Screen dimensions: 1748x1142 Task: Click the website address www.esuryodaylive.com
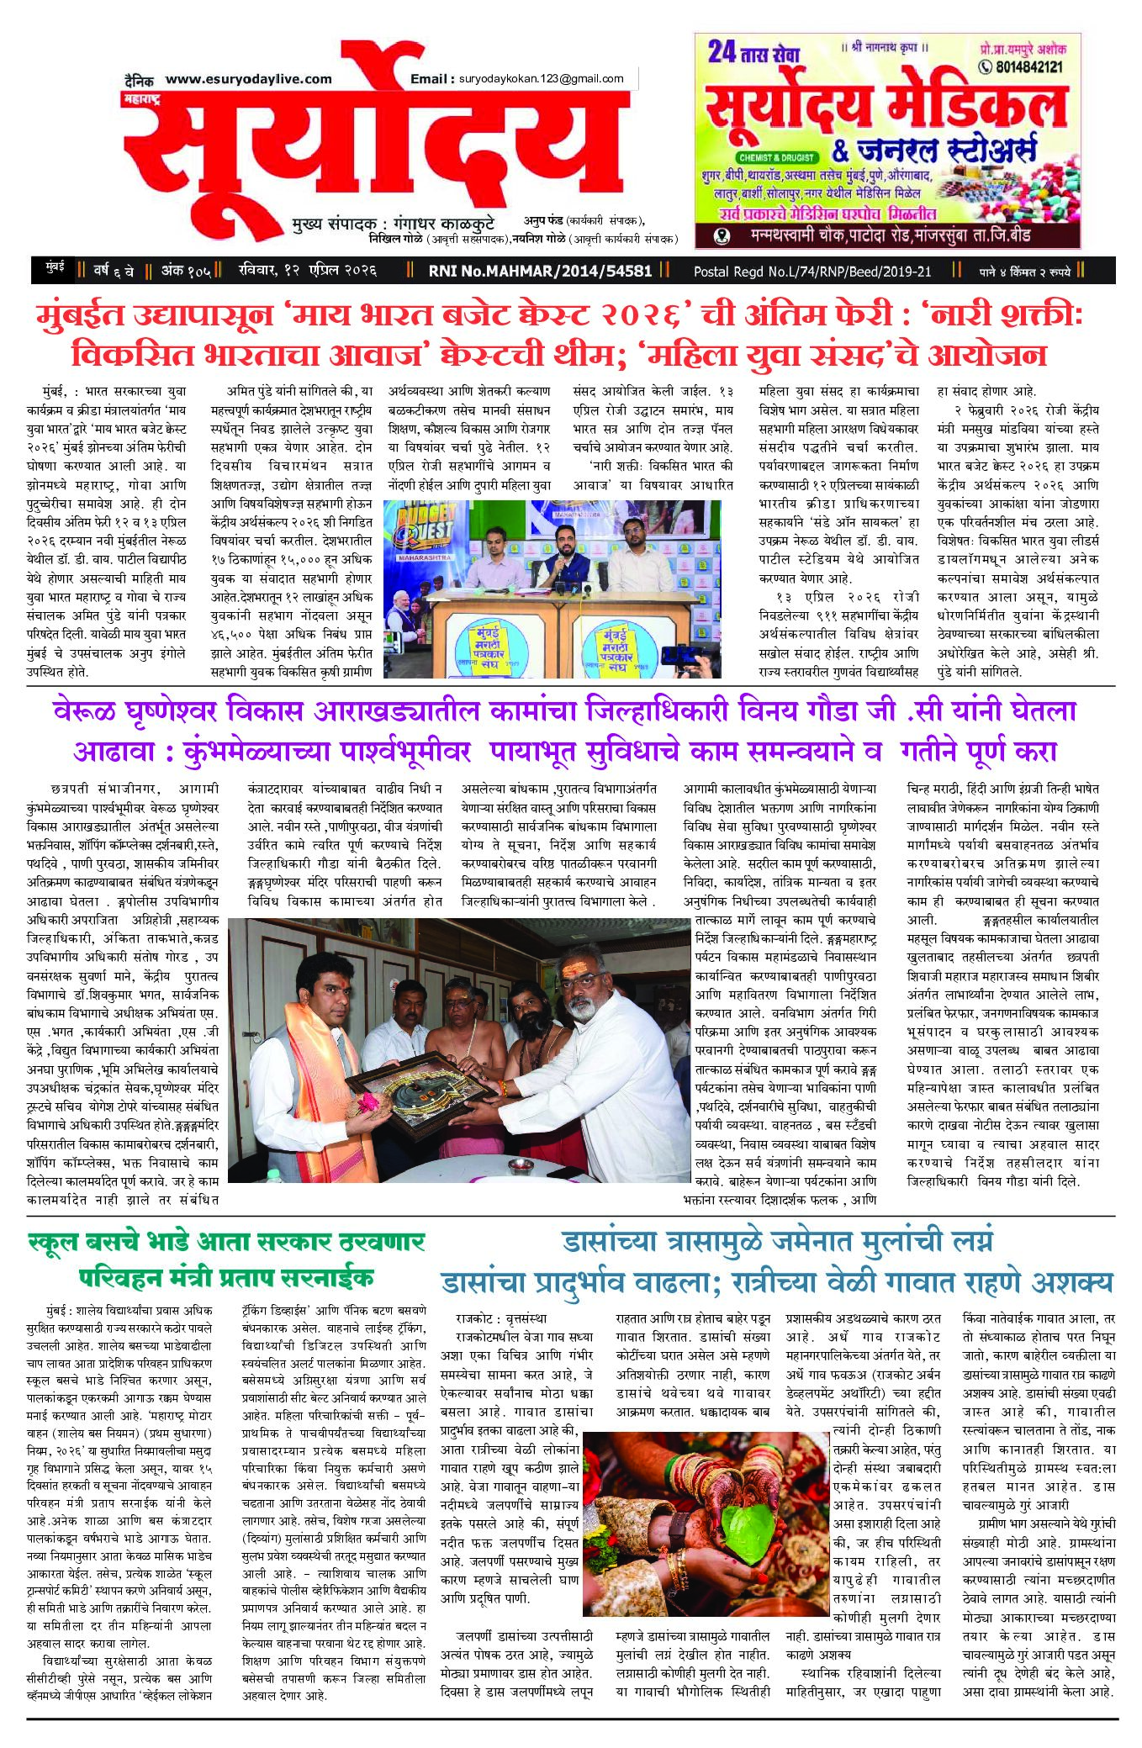(x=249, y=79)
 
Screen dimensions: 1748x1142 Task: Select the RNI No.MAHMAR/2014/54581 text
(x=540, y=271)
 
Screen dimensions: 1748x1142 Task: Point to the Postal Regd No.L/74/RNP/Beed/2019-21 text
(x=812, y=271)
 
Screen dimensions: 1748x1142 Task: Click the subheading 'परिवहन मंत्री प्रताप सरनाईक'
(x=226, y=1278)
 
